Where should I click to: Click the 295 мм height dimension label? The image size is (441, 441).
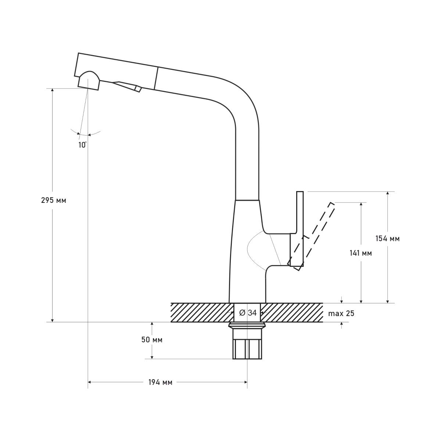tap(54, 201)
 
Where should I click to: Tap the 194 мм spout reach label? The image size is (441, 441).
tap(161, 382)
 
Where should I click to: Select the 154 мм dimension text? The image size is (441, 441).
tap(387, 239)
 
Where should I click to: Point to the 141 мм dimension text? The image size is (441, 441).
tap(361, 253)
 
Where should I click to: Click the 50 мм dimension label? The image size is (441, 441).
tap(152, 340)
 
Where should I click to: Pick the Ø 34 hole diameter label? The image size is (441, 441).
tap(248, 313)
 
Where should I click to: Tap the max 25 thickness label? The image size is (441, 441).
tap(341, 313)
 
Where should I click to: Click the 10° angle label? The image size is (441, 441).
tap(83, 145)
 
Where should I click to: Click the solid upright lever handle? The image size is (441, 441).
tap(297, 229)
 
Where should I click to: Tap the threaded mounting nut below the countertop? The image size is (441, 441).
tap(247, 341)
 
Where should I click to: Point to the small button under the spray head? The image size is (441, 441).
tap(138, 89)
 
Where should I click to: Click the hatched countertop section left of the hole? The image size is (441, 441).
tap(202, 313)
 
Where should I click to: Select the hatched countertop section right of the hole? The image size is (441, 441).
tap(291, 313)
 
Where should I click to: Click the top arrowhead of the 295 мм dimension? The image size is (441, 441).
tap(53, 90)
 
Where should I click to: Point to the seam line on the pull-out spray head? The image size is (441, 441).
tap(157, 78)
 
